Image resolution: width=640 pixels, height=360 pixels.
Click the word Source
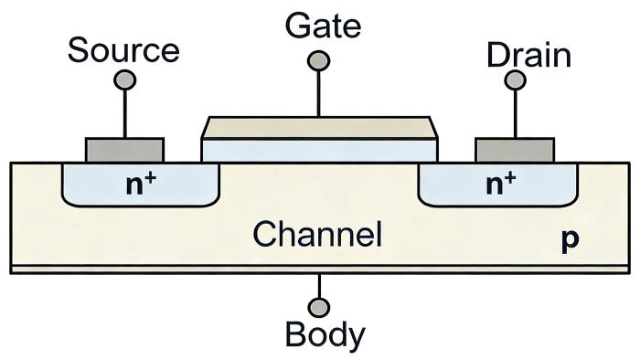pyautogui.click(x=123, y=49)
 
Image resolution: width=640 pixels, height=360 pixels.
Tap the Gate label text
pyautogui.click(x=323, y=26)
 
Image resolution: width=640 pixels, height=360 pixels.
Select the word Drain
pyautogui.click(x=528, y=55)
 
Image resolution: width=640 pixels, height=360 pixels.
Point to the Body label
pyautogui.click(x=325, y=335)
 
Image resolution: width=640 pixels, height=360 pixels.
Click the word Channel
pyautogui.click(x=317, y=234)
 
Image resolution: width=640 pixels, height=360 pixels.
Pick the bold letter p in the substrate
pyautogui.click(x=570, y=239)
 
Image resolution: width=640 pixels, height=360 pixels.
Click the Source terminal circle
pyautogui.click(x=125, y=79)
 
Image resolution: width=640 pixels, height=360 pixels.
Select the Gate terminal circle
pyautogui.click(x=318, y=61)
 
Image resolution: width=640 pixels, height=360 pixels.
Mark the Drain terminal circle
pyautogui.click(x=515, y=79)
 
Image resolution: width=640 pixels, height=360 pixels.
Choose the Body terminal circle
pyautogui.click(x=319, y=307)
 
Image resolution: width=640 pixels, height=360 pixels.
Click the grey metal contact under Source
pyautogui.click(x=125, y=151)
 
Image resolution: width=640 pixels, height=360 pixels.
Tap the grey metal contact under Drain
pyautogui.click(x=515, y=151)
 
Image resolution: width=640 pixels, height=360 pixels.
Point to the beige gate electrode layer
pyautogui.click(x=319, y=128)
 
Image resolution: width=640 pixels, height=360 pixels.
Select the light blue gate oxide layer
pyautogui.click(x=319, y=151)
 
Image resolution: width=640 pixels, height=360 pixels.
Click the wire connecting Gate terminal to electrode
pyautogui.click(x=318, y=94)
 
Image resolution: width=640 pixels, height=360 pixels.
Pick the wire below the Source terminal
pyautogui.click(x=125, y=113)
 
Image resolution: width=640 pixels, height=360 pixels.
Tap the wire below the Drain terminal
pyautogui.click(x=515, y=113)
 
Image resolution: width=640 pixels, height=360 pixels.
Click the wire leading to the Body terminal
pyautogui.click(x=319, y=286)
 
